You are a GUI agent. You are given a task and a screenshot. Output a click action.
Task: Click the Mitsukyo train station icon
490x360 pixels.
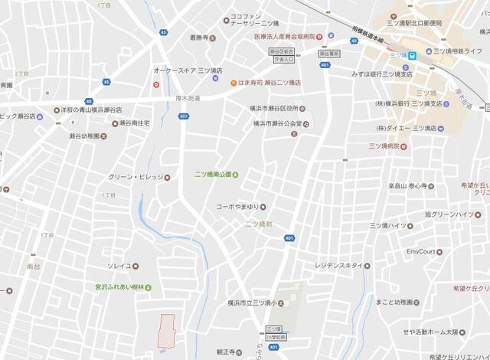412,54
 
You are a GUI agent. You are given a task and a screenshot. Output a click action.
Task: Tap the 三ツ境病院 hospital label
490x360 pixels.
390,145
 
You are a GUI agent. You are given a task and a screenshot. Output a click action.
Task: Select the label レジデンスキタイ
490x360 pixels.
338,266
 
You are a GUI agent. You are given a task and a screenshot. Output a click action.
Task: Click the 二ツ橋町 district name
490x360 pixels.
259,224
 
